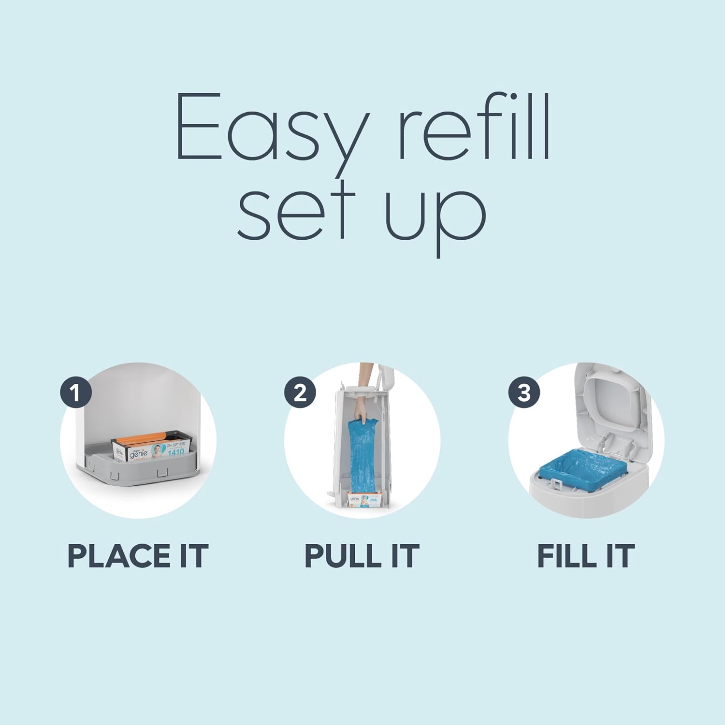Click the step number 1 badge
pos(75,392)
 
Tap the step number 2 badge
pos(300,392)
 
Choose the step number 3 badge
pos(524,392)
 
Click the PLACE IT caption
pos(138,556)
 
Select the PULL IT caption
pos(362,556)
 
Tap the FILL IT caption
pos(586,556)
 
